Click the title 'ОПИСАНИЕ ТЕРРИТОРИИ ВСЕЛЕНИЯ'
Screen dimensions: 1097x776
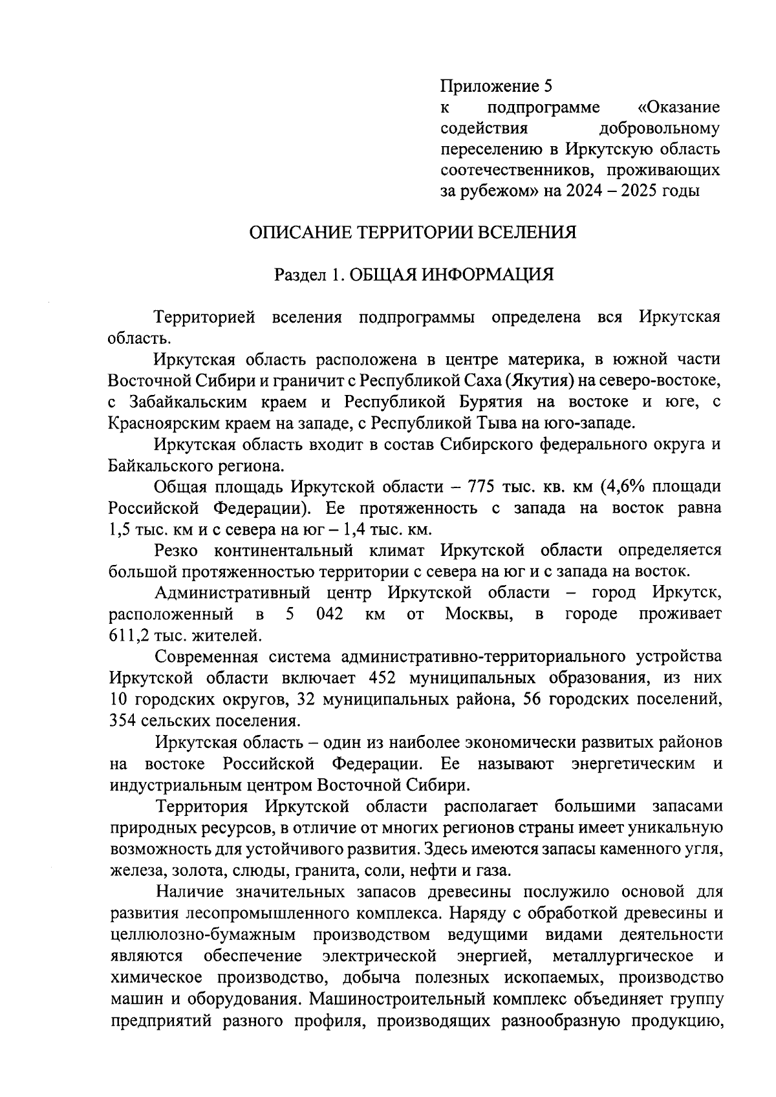point(413,232)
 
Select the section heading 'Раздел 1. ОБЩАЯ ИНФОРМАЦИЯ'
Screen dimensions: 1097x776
point(414,275)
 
